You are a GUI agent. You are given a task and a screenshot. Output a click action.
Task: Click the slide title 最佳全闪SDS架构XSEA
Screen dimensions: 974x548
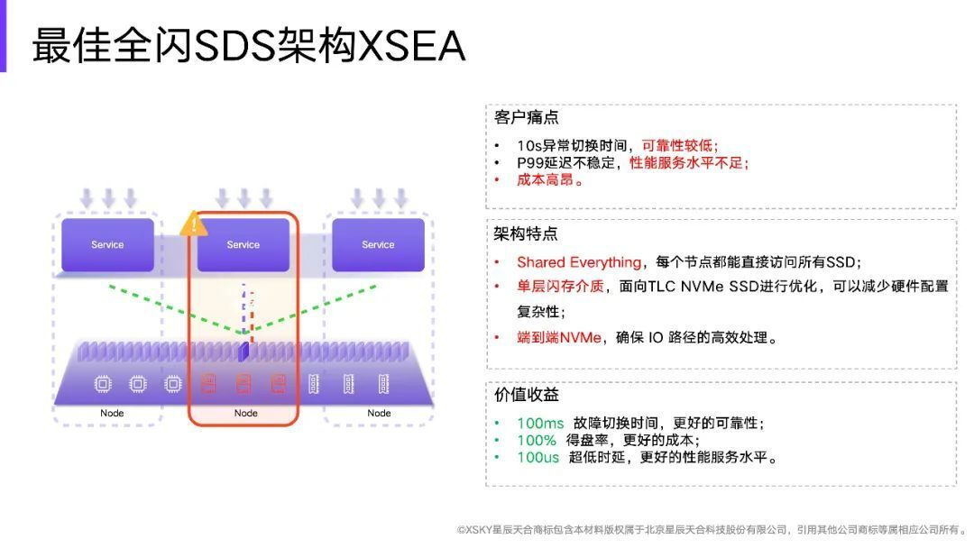click(x=249, y=45)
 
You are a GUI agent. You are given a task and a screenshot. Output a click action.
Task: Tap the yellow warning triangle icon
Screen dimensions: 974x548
click(x=193, y=224)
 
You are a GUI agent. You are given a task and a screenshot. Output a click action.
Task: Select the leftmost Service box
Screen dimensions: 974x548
click(x=107, y=244)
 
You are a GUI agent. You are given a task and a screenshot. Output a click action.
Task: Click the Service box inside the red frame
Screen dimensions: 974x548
click(x=243, y=244)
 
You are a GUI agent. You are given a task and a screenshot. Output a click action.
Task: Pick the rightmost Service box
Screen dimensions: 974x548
click(x=378, y=244)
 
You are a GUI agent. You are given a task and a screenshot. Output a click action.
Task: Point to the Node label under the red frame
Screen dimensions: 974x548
click(x=246, y=413)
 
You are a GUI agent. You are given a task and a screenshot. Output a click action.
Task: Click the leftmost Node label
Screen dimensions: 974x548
click(x=112, y=413)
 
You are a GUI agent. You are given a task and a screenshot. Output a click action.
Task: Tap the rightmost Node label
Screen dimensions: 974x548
click(x=379, y=413)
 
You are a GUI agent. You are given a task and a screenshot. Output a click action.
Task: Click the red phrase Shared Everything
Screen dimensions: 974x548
click(x=579, y=262)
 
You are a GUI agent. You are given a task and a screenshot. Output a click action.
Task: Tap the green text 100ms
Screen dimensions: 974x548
click(x=540, y=424)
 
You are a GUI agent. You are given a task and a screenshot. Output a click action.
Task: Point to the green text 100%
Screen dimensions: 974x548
click(x=537, y=440)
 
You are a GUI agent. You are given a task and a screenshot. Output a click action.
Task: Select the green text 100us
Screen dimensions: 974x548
click(x=538, y=457)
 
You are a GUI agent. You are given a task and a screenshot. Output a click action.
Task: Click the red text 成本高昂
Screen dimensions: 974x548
click(x=545, y=180)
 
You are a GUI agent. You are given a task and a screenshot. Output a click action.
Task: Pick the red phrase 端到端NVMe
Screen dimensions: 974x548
click(x=559, y=338)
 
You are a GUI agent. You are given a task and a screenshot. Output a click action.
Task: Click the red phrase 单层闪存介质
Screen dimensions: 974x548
click(x=560, y=286)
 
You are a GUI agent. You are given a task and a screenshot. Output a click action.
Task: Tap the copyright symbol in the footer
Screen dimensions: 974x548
click(x=461, y=529)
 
